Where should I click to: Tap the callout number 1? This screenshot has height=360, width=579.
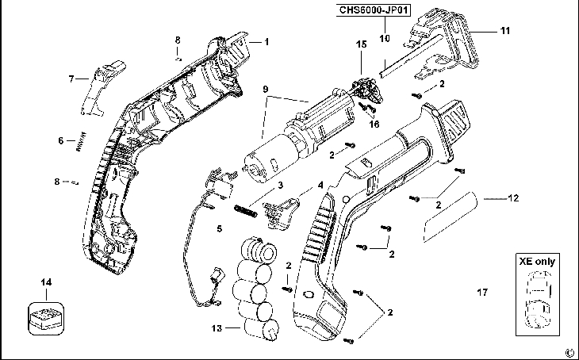point(266,40)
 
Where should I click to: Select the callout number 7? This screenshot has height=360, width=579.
point(71,79)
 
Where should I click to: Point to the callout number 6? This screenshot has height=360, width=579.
point(60,141)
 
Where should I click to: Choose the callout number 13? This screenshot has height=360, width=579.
point(217,325)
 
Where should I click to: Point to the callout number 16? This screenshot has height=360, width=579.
point(374,124)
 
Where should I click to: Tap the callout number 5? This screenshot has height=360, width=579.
point(220,229)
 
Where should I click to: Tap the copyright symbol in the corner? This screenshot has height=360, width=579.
point(569,353)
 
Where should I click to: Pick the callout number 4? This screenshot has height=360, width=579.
point(320,185)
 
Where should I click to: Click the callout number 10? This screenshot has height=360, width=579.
point(384,38)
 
